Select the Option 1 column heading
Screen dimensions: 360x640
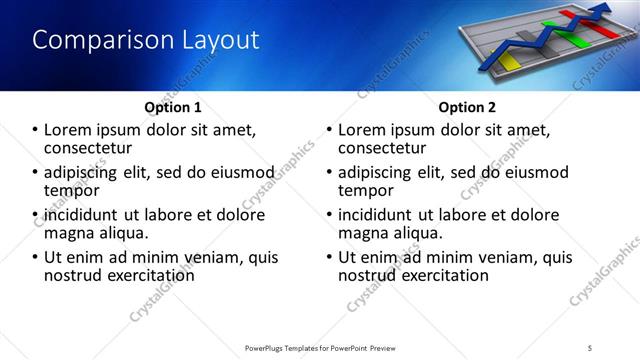click(x=172, y=107)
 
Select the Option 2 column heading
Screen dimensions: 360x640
click(x=466, y=107)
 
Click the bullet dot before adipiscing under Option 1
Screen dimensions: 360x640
click(x=36, y=172)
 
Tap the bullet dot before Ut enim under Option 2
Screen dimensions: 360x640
click(x=329, y=257)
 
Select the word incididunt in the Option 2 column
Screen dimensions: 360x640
click(x=380, y=215)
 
